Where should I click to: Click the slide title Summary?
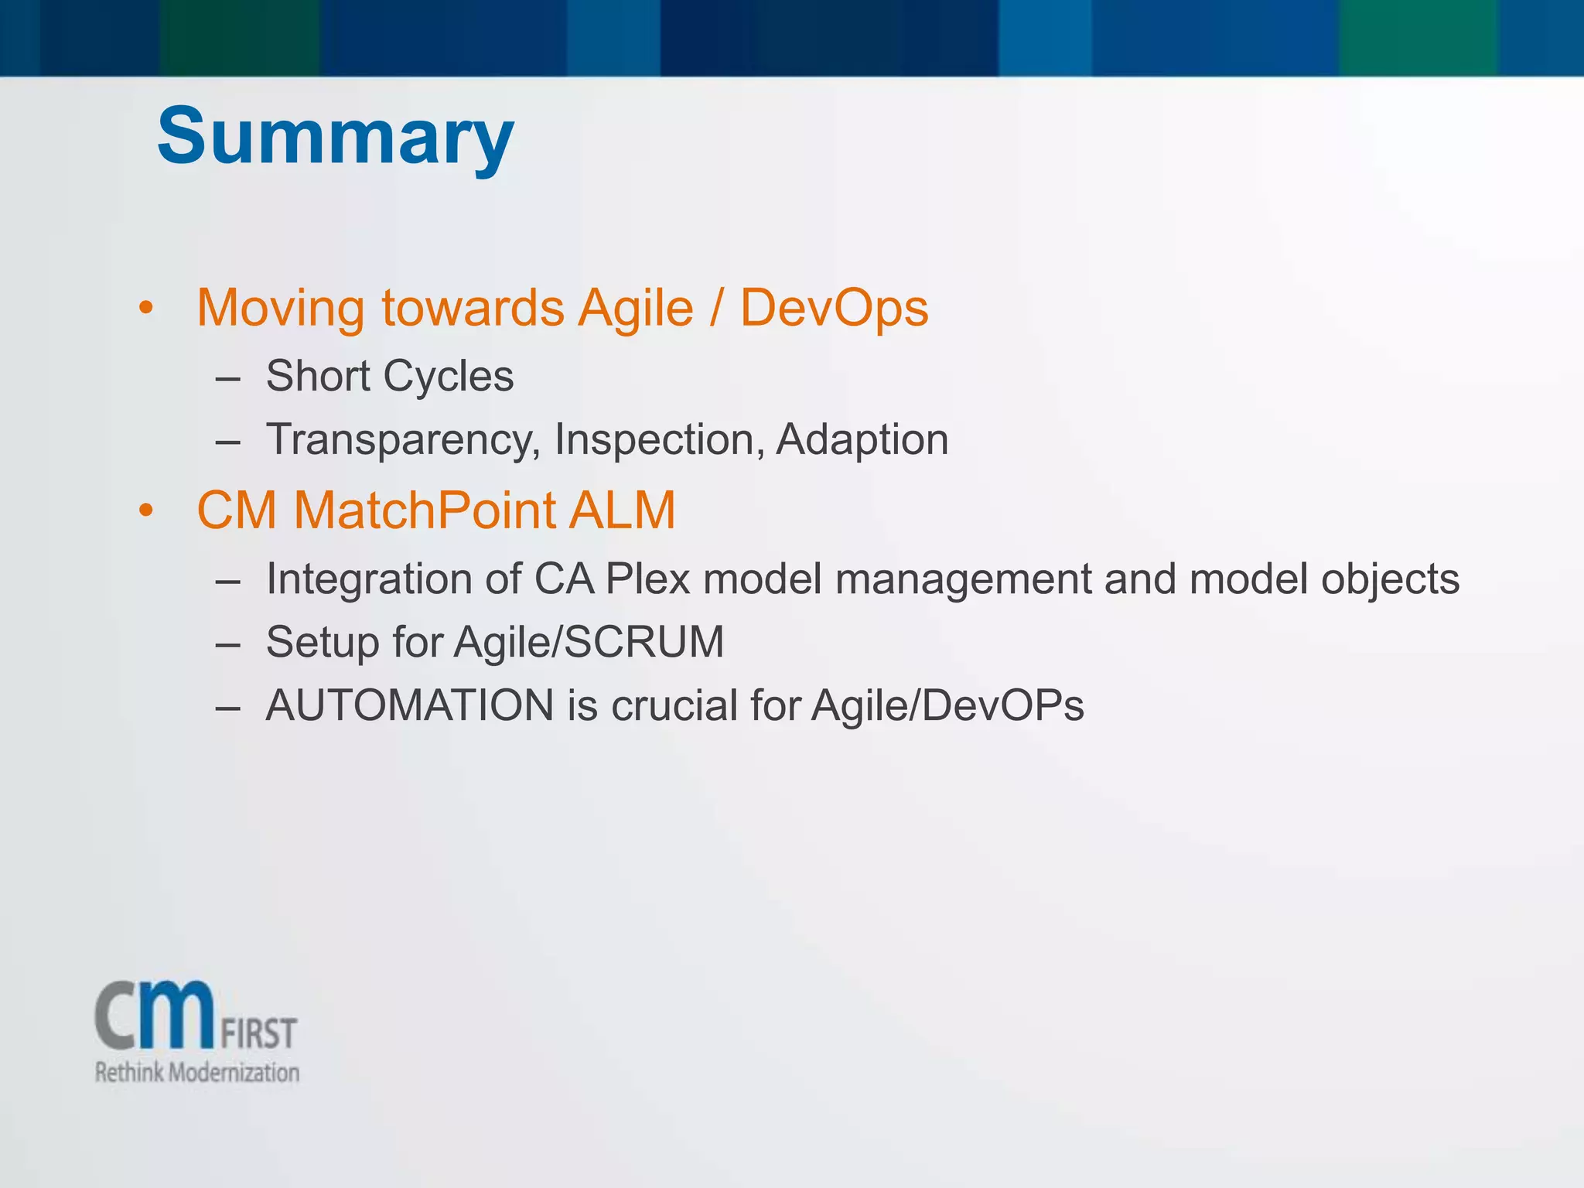coord(335,136)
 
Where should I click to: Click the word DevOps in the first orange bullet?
coord(834,308)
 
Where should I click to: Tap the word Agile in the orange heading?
coord(636,308)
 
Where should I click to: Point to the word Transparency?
coord(403,439)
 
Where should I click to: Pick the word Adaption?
coord(862,439)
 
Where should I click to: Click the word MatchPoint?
coord(425,510)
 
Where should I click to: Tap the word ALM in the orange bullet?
coord(622,510)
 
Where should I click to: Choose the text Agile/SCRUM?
coord(589,642)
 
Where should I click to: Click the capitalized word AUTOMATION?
coord(409,705)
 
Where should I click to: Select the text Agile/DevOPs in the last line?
coord(947,705)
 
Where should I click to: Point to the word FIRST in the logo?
coord(259,1033)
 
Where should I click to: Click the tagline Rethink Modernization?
coord(196,1073)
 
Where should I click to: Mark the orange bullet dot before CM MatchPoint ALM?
coord(146,511)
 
